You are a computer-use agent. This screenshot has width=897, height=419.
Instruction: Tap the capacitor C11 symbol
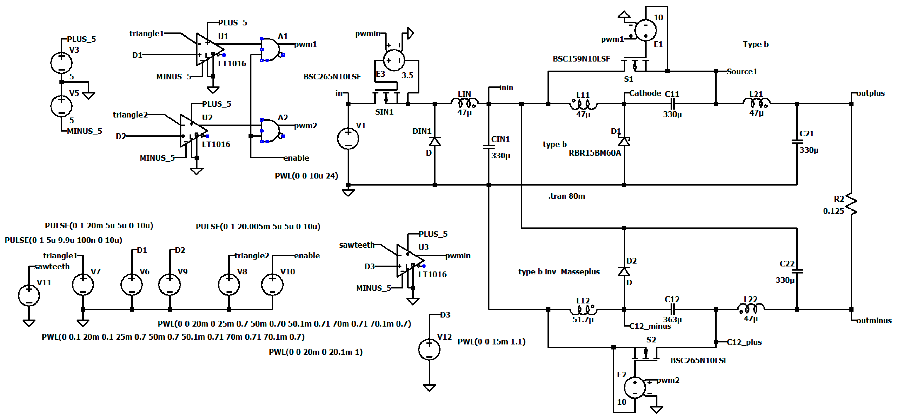click(672, 103)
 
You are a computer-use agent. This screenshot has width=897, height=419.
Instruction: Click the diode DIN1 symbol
click(434, 141)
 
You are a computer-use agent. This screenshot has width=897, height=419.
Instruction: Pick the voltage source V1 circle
click(348, 139)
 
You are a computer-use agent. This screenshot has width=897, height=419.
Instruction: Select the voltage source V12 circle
click(429, 349)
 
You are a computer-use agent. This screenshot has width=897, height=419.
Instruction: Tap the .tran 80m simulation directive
click(566, 196)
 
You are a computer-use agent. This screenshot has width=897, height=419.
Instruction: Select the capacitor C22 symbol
click(797, 271)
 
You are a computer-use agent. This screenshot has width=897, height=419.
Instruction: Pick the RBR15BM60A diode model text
click(594, 153)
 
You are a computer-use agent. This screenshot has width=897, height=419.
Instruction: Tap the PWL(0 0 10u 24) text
click(306, 176)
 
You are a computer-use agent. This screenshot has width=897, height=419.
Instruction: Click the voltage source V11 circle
click(29, 295)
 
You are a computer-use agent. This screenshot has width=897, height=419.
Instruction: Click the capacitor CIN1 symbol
click(489, 147)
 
